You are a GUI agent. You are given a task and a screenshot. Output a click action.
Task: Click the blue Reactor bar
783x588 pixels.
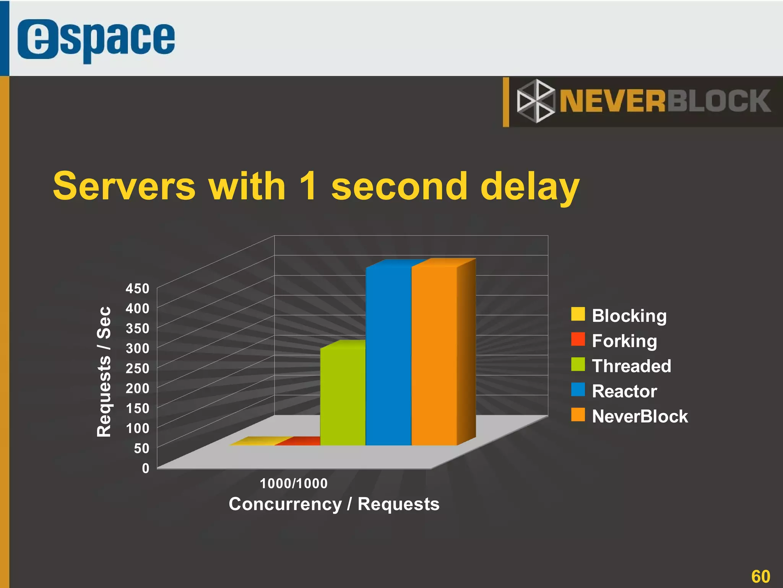(x=388, y=356)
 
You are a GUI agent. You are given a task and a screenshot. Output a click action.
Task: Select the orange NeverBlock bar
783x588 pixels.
(x=434, y=356)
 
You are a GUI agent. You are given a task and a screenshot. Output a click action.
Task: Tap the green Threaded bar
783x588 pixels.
(x=343, y=396)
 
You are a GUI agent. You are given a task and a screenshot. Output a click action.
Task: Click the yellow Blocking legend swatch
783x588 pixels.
(x=578, y=314)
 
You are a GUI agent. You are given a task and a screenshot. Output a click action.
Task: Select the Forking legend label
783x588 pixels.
(x=624, y=340)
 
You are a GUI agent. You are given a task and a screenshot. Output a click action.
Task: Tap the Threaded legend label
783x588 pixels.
(x=631, y=366)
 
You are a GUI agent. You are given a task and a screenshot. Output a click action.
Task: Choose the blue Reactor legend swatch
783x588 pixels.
(x=578, y=389)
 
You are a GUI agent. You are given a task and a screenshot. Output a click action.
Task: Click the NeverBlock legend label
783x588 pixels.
(x=640, y=416)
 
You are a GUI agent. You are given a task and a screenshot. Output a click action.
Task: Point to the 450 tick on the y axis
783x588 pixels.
(x=137, y=288)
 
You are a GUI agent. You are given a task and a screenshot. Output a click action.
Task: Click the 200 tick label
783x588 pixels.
(x=137, y=388)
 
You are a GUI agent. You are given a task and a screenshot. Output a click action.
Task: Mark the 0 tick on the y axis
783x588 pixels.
(x=145, y=468)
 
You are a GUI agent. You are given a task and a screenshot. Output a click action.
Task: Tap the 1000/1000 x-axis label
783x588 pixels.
(x=294, y=484)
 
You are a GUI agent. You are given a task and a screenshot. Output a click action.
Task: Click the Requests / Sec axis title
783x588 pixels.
(x=104, y=371)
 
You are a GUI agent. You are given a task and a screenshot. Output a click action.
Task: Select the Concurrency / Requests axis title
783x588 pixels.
(x=334, y=504)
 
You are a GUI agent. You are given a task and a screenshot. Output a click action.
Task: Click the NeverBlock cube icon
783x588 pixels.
(x=535, y=101)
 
